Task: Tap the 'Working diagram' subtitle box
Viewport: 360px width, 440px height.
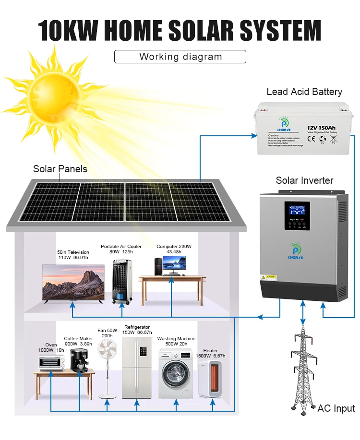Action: pyautogui.click(x=180, y=57)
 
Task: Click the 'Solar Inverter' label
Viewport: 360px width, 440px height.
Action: pyautogui.click(x=304, y=180)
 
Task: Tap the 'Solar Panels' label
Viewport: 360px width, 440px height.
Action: pyautogui.click(x=60, y=169)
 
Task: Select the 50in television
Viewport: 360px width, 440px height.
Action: pyautogui.click(x=73, y=283)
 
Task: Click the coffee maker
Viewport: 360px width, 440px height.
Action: pyautogui.click(x=79, y=359)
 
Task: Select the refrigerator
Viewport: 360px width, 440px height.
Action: pyautogui.click(x=136, y=368)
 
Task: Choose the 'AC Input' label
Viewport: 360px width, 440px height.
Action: pyautogui.click(x=336, y=408)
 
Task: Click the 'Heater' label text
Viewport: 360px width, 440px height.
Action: pyautogui.click(x=210, y=351)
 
